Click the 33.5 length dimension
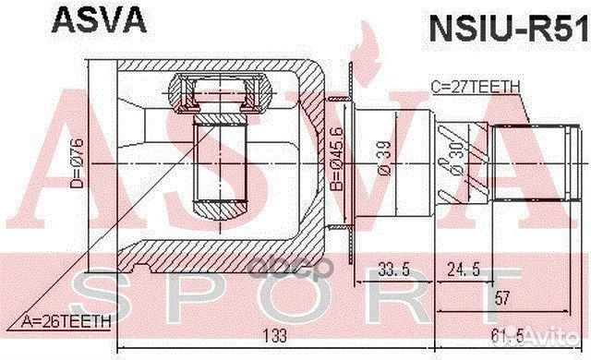[394, 270]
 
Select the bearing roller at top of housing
[220, 93]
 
